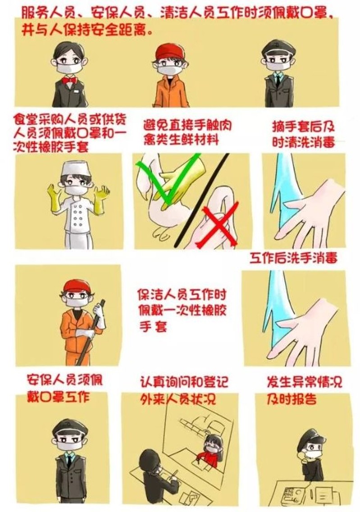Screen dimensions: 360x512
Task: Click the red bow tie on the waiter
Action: tap(69, 80)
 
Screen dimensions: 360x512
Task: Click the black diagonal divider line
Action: tap(202, 199)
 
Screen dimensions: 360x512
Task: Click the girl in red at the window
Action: tap(212, 451)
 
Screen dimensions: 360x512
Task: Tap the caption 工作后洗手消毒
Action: tap(293, 258)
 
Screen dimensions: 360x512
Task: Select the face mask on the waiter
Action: tap(68, 68)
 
